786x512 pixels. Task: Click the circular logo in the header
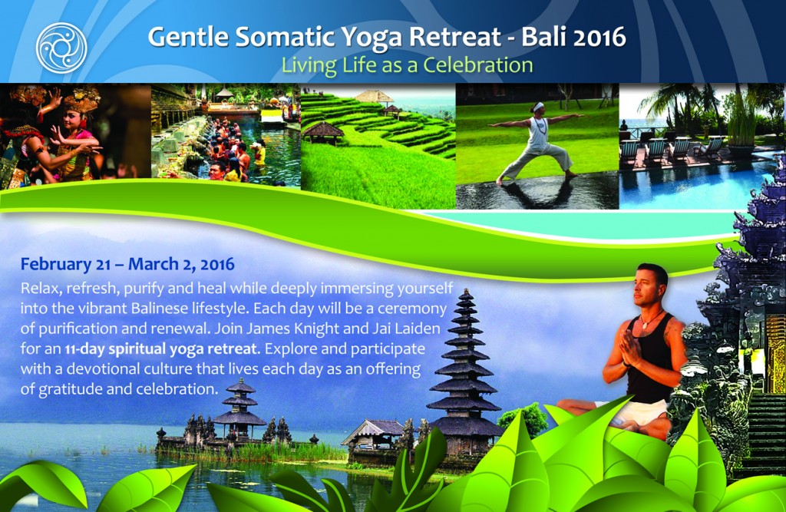pos(61,48)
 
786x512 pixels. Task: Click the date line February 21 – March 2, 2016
pos(127,264)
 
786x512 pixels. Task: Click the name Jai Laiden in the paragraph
pos(407,329)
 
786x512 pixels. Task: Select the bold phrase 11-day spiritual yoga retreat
pos(161,349)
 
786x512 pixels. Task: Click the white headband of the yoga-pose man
pos(538,107)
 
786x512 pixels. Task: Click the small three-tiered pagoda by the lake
pos(239,408)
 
